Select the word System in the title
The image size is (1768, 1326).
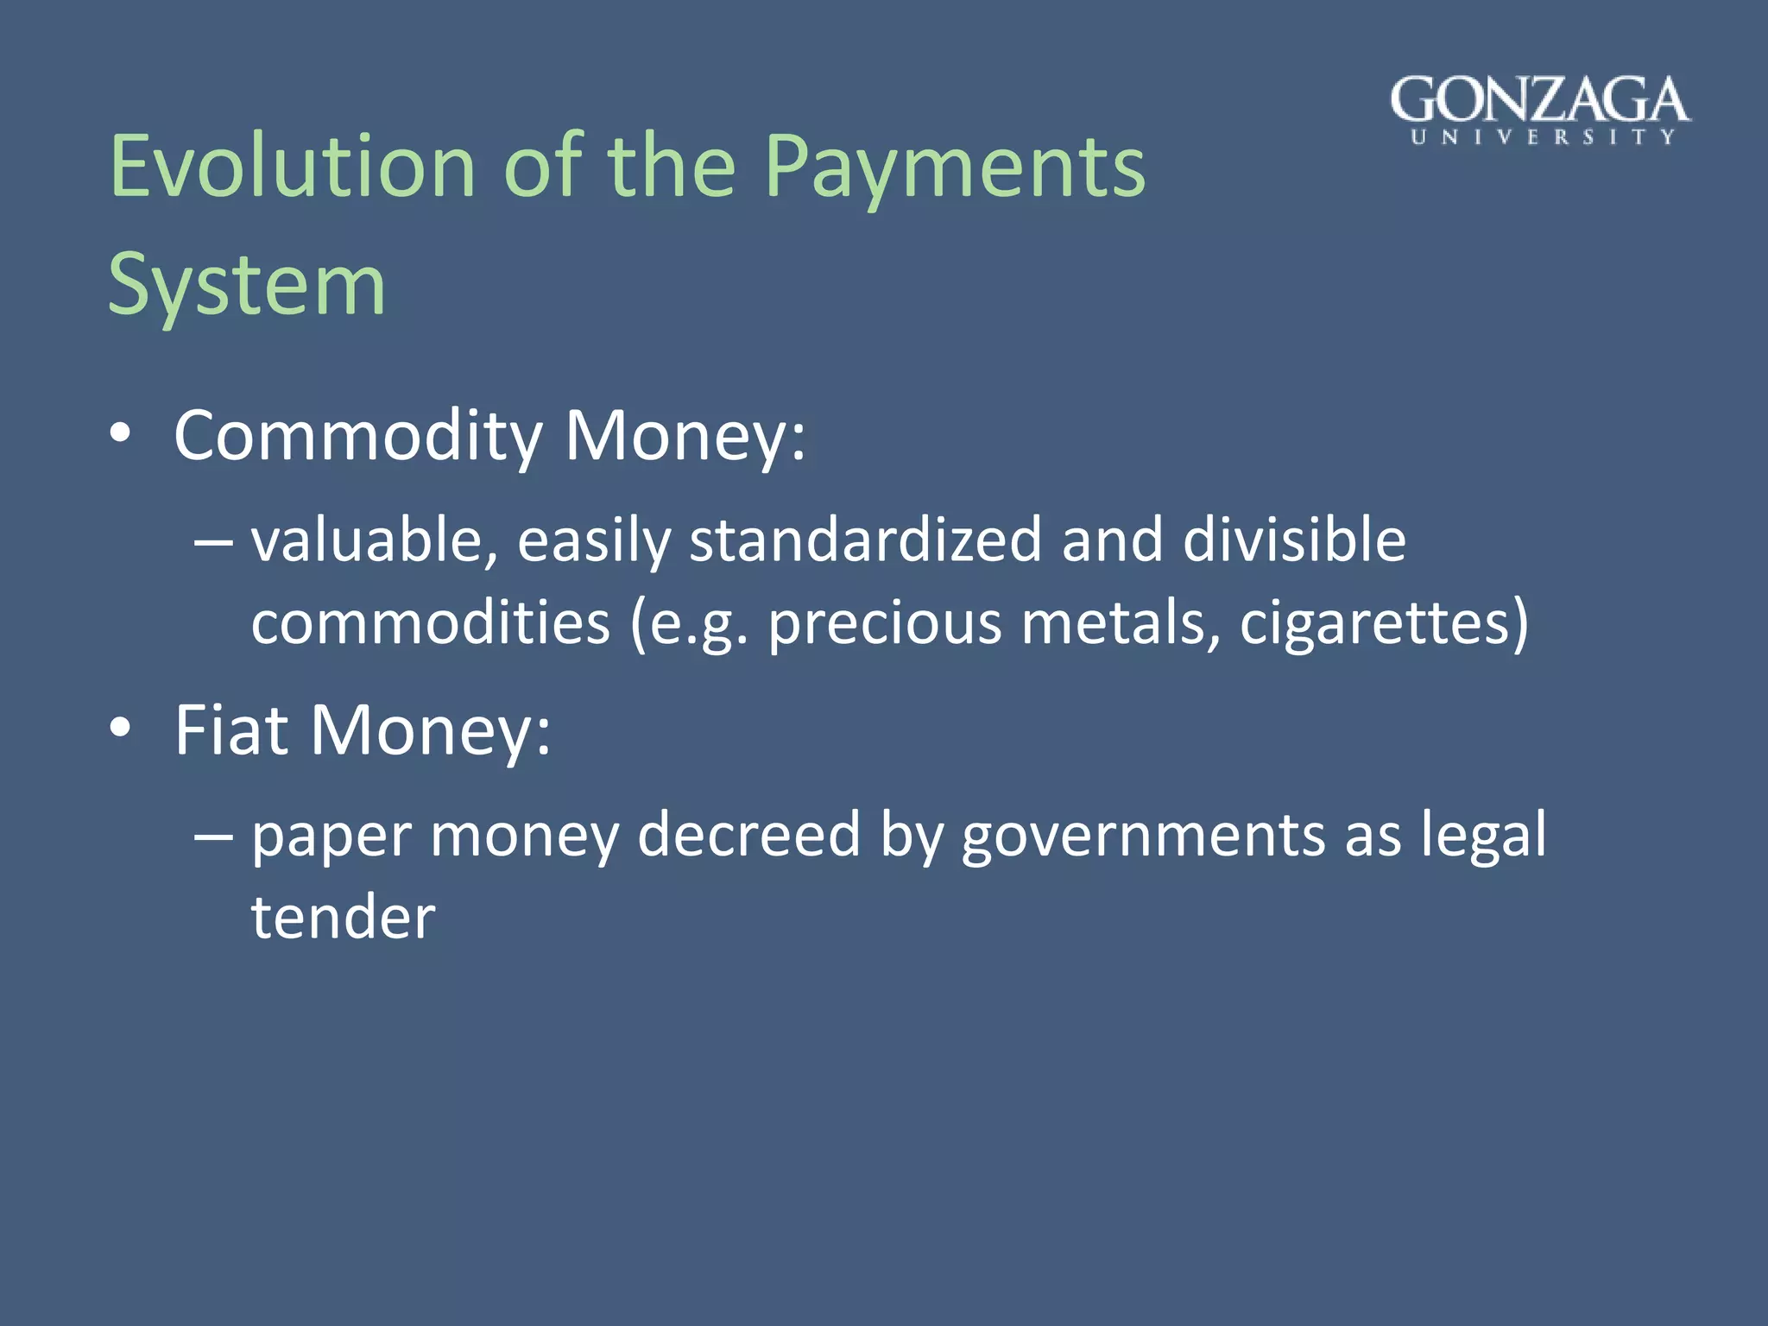click(247, 285)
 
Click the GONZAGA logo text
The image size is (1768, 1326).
click(1540, 100)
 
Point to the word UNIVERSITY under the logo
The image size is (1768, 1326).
click(1543, 137)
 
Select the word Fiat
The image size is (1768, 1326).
click(231, 730)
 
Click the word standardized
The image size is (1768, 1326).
click(866, 541)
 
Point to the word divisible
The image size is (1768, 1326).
click(1294, 541)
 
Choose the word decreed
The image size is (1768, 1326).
click(748, 835)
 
